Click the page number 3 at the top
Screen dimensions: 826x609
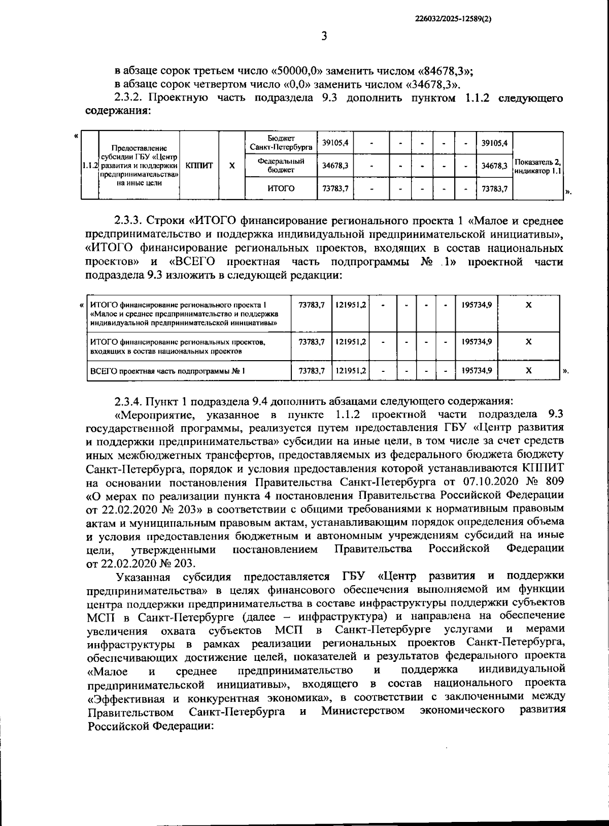tap(324, 36)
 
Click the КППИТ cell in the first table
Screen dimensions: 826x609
tap(199, 166)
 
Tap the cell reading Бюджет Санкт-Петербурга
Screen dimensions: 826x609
tap(281, 143)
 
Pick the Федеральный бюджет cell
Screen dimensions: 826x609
tap(281, 166)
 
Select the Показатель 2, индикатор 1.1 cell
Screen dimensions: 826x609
tap(538, 166)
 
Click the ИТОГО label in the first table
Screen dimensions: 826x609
tap(281, 188)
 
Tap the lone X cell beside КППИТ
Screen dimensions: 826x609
tap(232, 166)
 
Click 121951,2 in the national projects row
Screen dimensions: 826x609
tap(351, 342)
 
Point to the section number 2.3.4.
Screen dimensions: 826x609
tap(129, 402)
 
